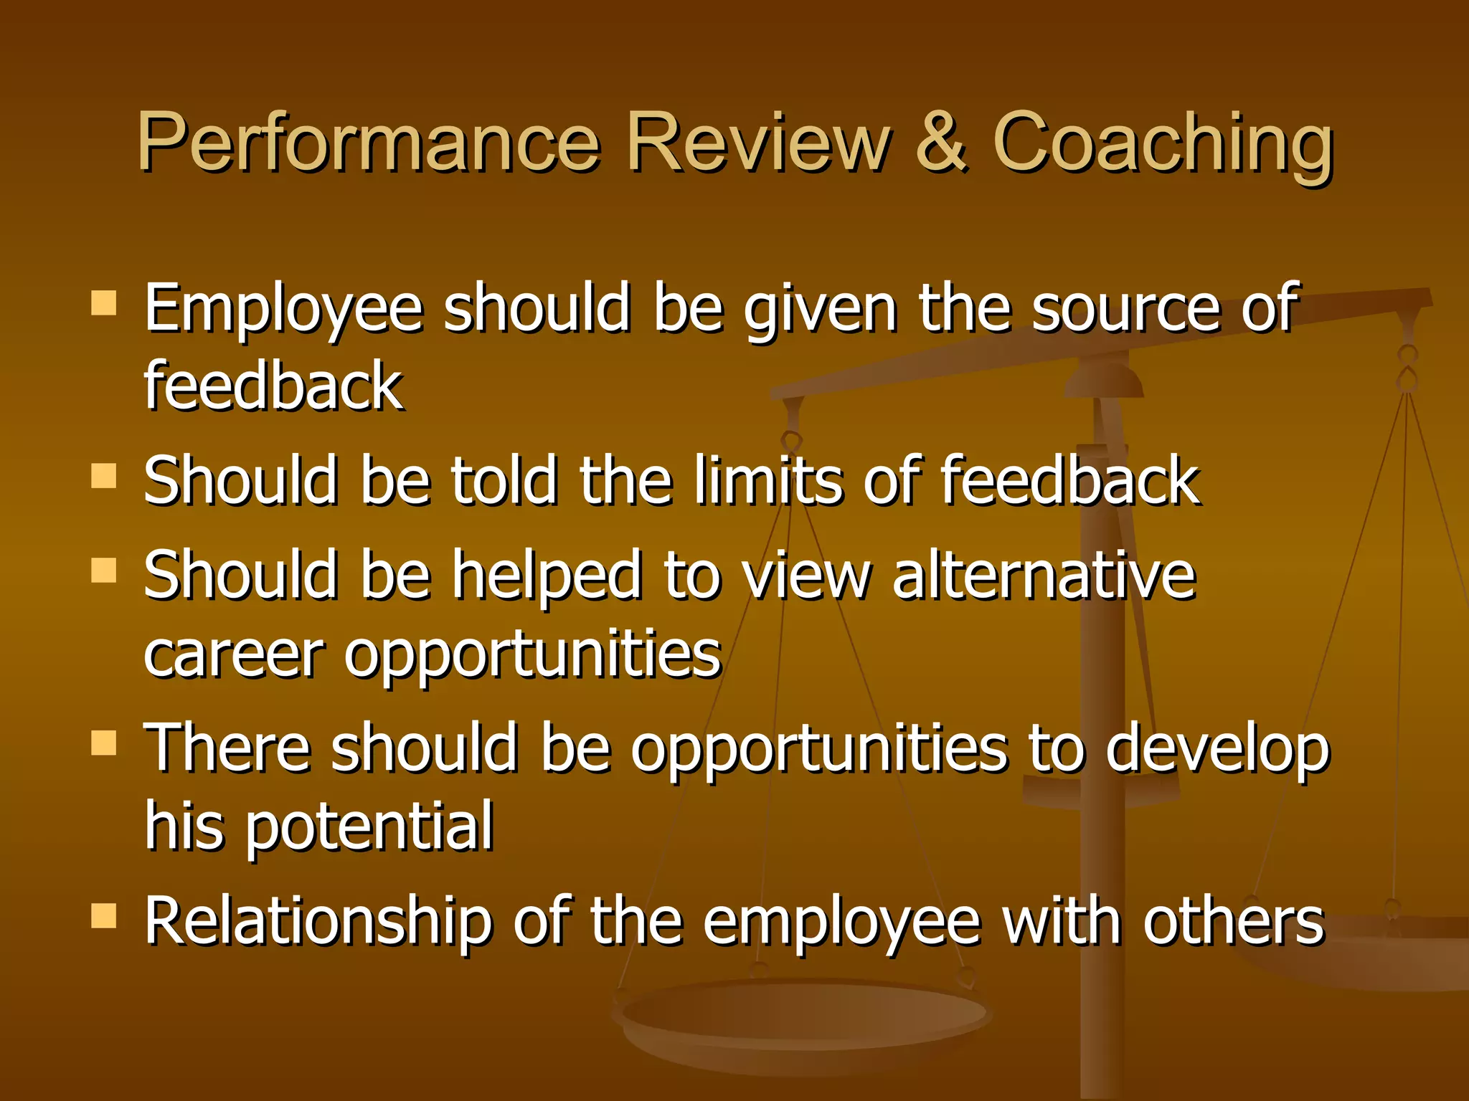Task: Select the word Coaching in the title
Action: click(x=1163, y=143)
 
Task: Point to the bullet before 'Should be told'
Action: click(x=104, y=475)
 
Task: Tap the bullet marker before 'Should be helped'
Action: click(x=104, y=571)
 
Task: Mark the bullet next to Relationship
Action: click(x=104, y=915)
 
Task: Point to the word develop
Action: click(x=1217, y=750)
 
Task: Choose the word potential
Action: click(x=369, y=827)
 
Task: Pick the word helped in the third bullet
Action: click(x=547, y=577)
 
